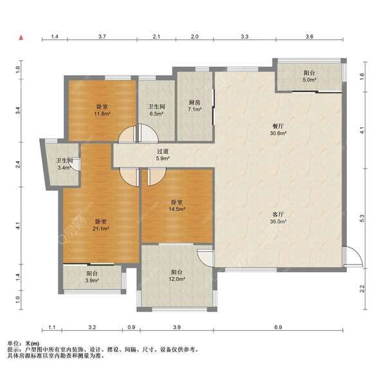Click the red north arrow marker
coord(21,37)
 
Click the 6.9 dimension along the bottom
coord(278,327)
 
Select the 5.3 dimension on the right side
coord(362,218)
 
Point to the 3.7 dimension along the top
coord(102,37)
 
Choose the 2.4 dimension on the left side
coord(18,164)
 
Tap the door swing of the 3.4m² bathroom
coord(76,165)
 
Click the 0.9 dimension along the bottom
coord(132,327)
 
